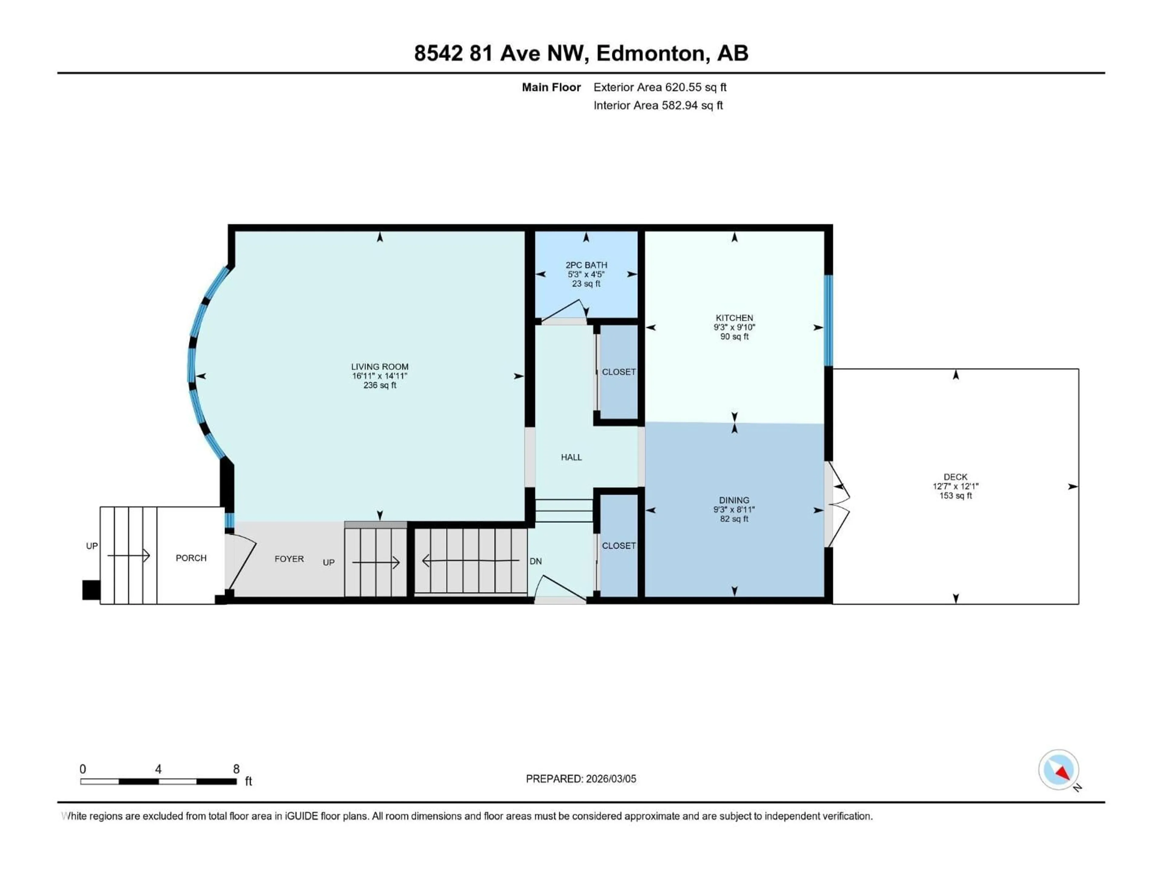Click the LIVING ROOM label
pos(379,367)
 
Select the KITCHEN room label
pos(734,318)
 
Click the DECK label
pos(955,477)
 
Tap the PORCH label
pos(191,558)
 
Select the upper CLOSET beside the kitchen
pos(619,372)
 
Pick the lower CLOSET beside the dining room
pos(619,546)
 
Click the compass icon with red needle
pos(1059,770)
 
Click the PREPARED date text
pos(581,779)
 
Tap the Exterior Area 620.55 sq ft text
pos(660,87)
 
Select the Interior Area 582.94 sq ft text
pos(658,105)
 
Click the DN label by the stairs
pos(535,561)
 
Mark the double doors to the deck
pos(837,504)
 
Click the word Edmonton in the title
pos(650,53)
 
